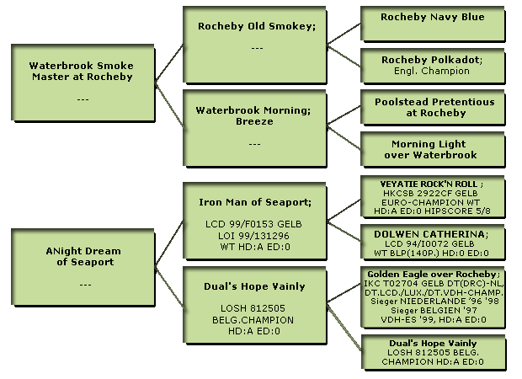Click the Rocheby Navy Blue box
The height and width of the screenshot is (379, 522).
433,24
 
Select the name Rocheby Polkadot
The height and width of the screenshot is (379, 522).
431,60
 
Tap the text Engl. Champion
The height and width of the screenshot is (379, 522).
432,71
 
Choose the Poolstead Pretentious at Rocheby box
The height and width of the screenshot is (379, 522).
433,108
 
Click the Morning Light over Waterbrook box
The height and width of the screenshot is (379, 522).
433,150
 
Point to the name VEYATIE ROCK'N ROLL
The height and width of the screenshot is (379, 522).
429,184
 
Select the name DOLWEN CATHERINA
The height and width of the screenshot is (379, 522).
429,234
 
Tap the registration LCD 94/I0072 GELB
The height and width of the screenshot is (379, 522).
429,243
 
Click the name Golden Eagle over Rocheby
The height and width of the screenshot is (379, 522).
432,274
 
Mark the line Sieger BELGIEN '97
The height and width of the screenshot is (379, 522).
434,311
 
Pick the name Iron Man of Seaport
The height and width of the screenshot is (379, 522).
253,202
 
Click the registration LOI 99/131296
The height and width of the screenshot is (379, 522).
253,236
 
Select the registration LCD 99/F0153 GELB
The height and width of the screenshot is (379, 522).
253,224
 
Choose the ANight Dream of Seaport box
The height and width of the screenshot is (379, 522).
83,267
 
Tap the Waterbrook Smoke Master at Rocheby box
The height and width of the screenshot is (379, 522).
83,83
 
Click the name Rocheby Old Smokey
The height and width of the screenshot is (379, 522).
255,26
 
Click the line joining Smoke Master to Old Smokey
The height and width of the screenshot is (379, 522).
169,62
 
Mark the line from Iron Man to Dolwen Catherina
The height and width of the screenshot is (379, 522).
344,231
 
